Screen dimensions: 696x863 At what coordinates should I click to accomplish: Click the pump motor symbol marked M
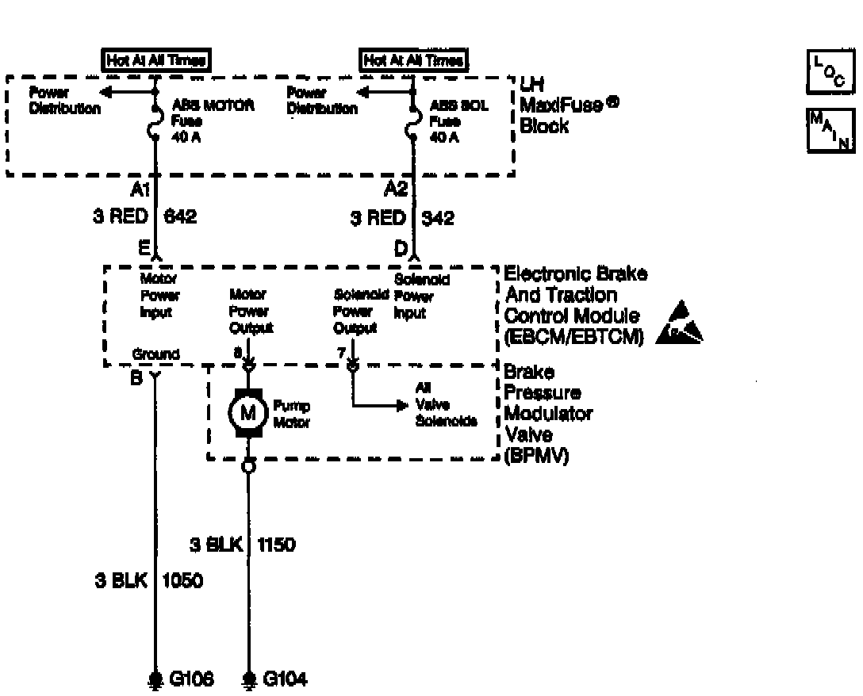click(248, 411)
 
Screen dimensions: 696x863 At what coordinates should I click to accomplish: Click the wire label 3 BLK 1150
click(243, 545)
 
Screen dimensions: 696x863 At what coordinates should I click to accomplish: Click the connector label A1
click(141, 190)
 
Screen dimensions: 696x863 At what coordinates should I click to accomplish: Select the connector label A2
click(397, 190)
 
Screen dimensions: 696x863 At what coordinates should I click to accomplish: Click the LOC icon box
click(829, 71)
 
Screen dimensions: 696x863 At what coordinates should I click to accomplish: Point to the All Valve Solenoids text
click(446, 404)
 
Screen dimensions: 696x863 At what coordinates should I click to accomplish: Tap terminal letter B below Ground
click(136, 379)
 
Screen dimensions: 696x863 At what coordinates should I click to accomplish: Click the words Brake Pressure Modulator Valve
click(547, 415)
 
